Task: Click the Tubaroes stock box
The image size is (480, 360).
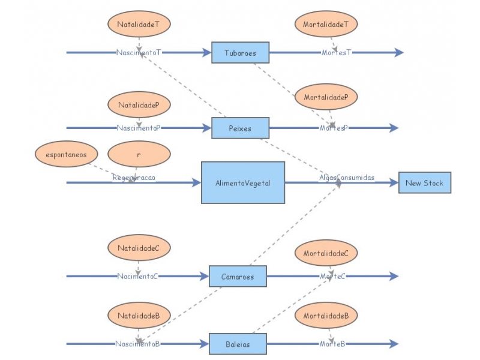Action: [240, 53]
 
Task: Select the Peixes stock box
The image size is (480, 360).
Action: [240, 128]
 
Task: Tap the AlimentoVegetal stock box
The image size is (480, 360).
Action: [243, 182]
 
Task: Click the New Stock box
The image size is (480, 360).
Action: [424, 182]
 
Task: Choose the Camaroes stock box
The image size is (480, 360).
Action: [238, 277]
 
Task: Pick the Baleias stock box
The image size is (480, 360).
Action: [238, 344]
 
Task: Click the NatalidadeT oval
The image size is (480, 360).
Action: [139, 25]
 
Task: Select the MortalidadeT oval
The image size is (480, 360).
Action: [326, 25]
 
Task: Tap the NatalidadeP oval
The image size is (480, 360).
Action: [139, 105]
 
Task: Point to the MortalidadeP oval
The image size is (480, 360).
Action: [326, 97]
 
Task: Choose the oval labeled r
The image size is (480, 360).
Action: [139, 154]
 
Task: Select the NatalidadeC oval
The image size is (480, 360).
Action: [139, 247]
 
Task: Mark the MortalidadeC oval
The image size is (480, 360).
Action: [326, 253]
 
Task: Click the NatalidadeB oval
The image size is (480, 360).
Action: [139, 315]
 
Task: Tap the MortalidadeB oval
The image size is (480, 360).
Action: [326, 316]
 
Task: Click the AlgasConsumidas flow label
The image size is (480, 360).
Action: [347, 178]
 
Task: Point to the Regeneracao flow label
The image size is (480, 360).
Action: [134, 178]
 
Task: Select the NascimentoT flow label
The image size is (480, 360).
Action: [139, 53]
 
